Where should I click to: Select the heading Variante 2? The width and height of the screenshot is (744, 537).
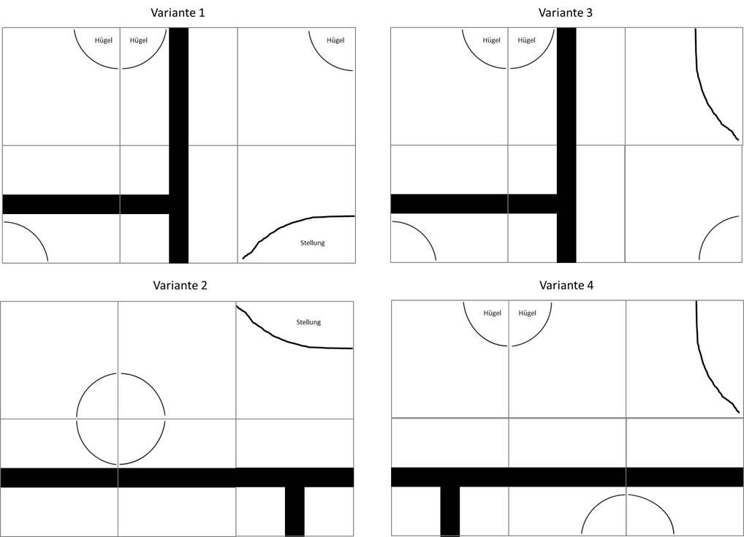coord(180,286)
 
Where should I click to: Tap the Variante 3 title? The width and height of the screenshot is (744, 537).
coord(566,12)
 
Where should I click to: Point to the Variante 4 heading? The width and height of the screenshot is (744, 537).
coord(566,286)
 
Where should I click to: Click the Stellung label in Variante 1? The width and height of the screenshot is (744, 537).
coord(312,243)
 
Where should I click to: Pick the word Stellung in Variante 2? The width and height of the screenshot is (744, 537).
coord(308,322)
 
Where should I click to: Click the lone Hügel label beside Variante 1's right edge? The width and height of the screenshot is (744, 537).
coord(335,40)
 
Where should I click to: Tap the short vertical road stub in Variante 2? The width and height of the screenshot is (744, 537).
coord(295,511)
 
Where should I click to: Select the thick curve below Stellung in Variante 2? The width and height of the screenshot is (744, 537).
coord(278,337)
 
